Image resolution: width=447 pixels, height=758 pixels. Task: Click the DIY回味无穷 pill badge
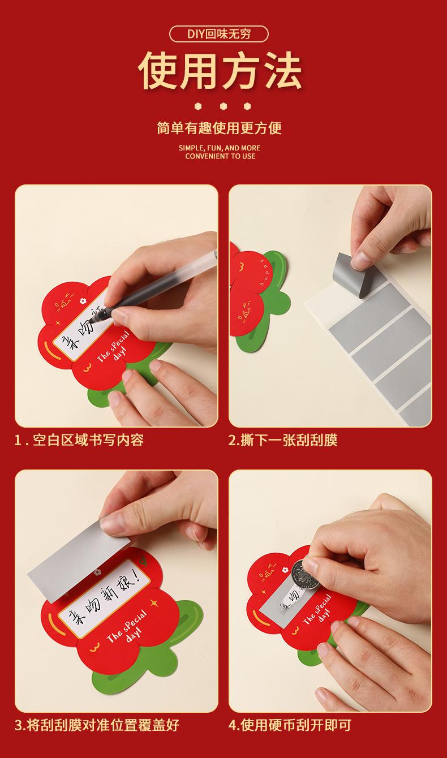click(x=218, y=34)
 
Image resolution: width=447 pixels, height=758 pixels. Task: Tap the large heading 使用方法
click(x=220, y=72)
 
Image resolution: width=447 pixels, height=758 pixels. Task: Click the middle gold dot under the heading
click(x=223, y=106)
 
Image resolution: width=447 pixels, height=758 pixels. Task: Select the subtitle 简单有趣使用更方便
click(x=219, y=128)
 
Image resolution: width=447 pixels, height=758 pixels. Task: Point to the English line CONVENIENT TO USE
click(x=220, y=156)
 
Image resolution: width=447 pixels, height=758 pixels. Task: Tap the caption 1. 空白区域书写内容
click(x=79, y=440)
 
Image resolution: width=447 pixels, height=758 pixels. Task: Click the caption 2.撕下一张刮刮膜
click(x=283, y=440)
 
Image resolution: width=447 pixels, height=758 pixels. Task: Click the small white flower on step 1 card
click(x=81, y=300)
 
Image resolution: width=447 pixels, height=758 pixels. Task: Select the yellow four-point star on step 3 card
click(x=154, y=602)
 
